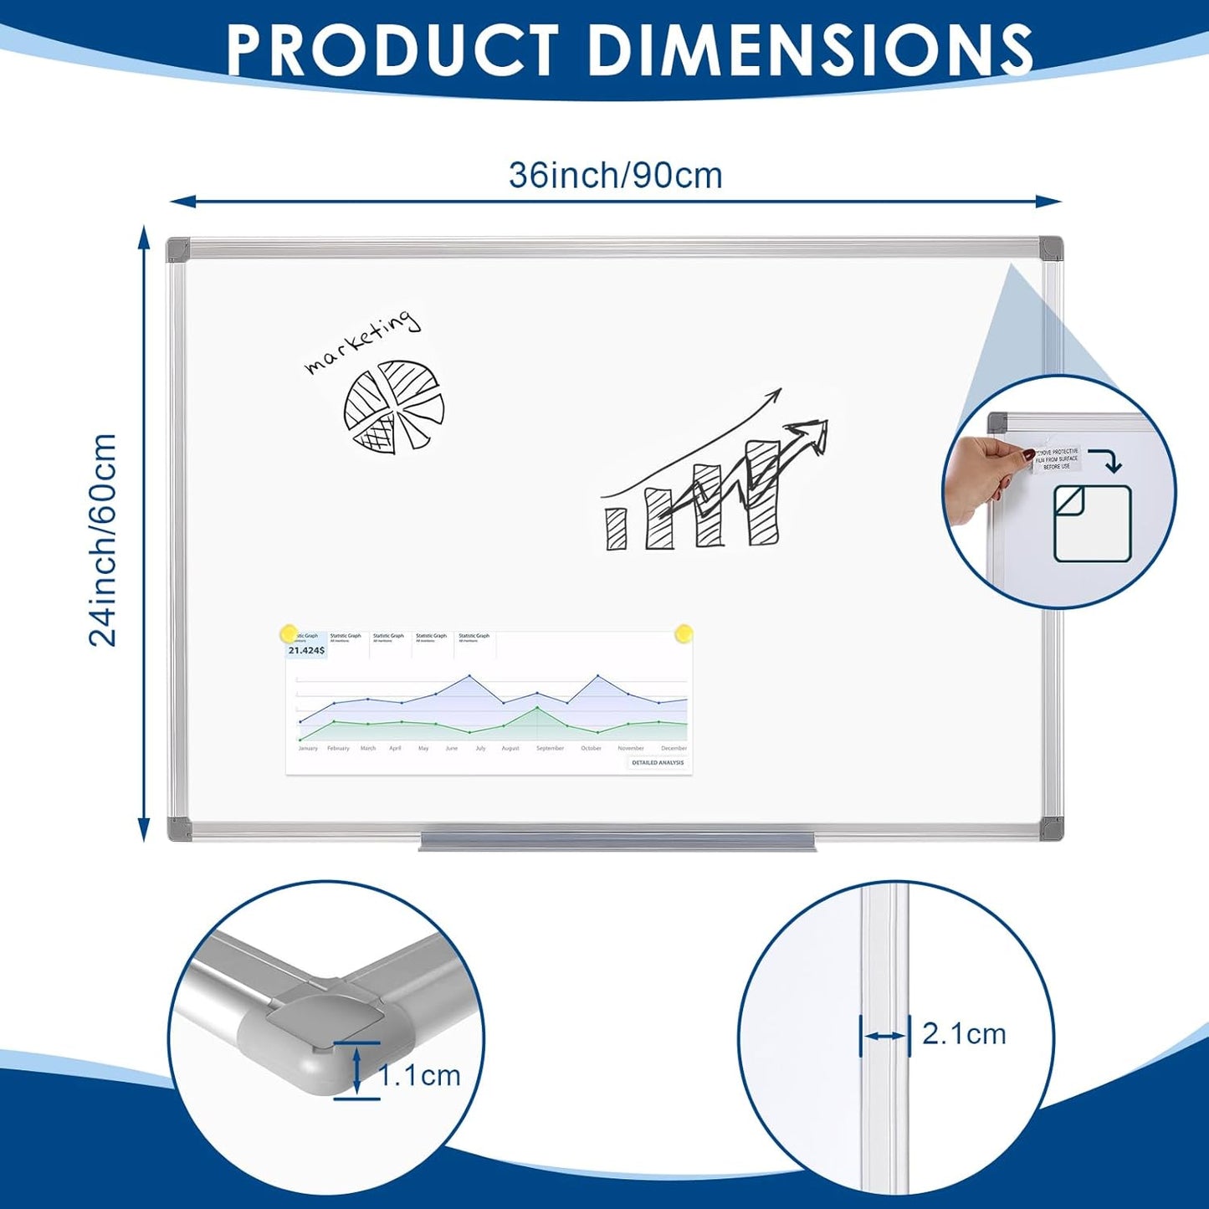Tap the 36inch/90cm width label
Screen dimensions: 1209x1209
tap(615, 176)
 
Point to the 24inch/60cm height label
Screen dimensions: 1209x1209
tap(104, 540)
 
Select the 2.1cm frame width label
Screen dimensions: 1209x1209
tap(964, 1034)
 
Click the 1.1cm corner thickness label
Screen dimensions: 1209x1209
tap(419, 1075)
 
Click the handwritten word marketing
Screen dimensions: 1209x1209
tap(361, 342)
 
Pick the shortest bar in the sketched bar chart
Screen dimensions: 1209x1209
tap(617, 528)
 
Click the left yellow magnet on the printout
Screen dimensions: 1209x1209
tap(289, 633)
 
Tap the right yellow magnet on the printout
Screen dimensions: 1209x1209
tap(684, 633)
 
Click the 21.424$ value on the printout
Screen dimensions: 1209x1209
tap(305, 650)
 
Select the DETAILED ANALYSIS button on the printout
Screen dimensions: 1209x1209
tap(658, 763)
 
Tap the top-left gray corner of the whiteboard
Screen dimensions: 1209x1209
tap(178, 248)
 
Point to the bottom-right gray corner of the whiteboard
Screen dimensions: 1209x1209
tap(1051, 829)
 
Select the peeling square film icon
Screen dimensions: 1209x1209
tap(1092, 524)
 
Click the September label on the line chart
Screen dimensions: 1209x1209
tap(550, 748)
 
